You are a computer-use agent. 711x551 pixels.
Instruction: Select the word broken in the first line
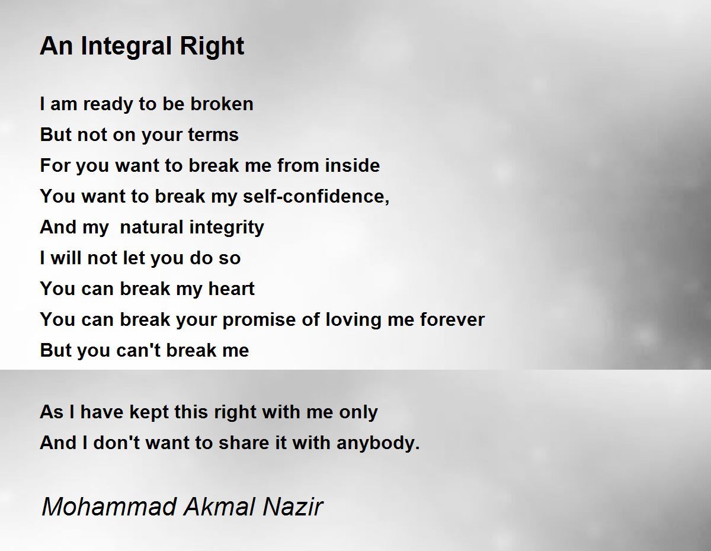coord(222,104)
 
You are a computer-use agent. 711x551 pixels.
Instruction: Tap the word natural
coord(151,227)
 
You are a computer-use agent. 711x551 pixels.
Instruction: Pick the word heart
coord(231,289)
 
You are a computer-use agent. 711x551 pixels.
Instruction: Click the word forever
coord(452,319)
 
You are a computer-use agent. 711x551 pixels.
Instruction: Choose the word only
coord(358,412)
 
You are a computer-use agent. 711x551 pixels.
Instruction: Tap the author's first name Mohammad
coord(109,507)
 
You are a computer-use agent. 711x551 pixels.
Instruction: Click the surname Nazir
coord(293,507)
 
